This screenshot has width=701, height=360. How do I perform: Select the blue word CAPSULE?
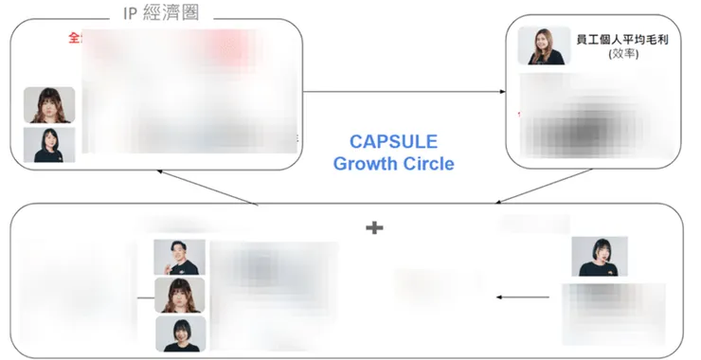[x=393, y=142]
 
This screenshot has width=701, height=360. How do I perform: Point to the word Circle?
[x=427, y=164]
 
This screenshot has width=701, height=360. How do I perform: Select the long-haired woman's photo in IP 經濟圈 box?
[x=49, y=104]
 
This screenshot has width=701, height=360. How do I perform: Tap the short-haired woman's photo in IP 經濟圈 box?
[x=49, y=144]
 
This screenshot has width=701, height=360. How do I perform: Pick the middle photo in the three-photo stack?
[x=179, y=295]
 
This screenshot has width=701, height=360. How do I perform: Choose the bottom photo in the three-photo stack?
[x=179, y=333]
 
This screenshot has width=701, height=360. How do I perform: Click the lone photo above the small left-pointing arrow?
[x=599, y=256]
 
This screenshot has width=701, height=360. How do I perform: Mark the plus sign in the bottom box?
[x=374, y=227]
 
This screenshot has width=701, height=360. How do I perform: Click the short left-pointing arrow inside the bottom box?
[x=523, y=297]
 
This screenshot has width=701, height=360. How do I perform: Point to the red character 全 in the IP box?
[x=74, y=38]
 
